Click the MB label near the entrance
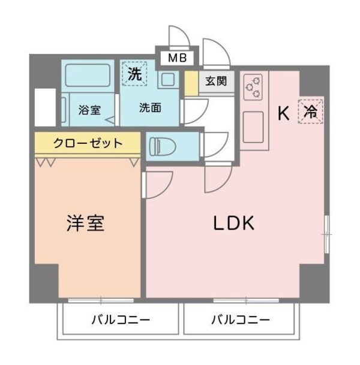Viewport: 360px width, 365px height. pyautogui.click(x=176, y=59)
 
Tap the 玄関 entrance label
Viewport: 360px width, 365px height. pyautogui.click(x=215, y=82)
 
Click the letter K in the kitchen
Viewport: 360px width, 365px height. pyautogui.click(x=284, y=111)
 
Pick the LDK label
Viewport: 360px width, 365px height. pyautogui.click(x=235, y=224)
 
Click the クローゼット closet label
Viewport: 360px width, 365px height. pyautogui.click(x=88, y=143)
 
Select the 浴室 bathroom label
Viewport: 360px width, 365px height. pyautogui.click(x=89, y=110)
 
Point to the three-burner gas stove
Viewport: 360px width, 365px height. pyautogui.click(x=253, y=88)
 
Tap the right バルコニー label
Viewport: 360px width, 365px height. pyautogui.click(x=240, y=319)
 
